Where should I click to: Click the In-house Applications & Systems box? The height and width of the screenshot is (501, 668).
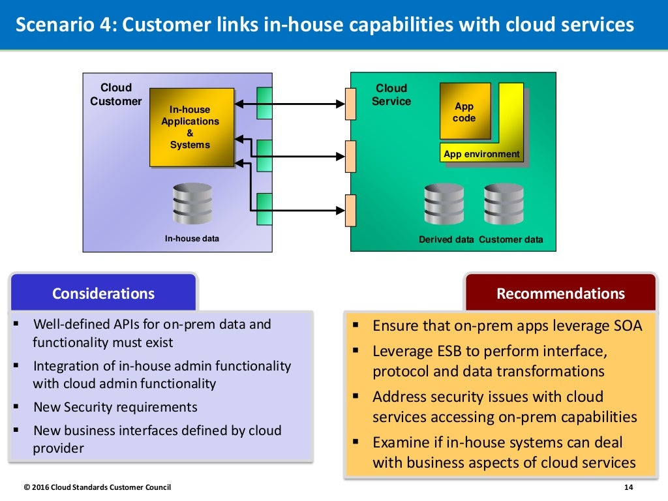click(191, 127)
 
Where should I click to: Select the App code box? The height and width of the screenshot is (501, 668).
click(464, 112)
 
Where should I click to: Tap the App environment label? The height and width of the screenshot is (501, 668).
click(481, 155)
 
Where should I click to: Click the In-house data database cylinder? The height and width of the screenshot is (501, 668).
click(192, 204)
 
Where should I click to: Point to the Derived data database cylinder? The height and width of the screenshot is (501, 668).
click(444, 204)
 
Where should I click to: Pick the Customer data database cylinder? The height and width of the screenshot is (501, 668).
click(504, 204)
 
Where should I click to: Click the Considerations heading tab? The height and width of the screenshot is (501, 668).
click(104, 293)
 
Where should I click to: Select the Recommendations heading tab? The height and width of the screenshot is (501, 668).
click(560, 293)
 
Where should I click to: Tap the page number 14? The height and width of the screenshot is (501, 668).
click(629, 487)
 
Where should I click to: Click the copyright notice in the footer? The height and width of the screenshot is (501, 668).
click(97, 487)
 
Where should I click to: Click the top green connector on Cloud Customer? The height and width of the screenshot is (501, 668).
click(264, 103)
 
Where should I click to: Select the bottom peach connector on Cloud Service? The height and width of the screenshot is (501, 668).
click(351, 210)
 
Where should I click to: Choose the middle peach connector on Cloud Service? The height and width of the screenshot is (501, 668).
click(351, 157)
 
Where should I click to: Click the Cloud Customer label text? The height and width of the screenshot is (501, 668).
click(116, 95)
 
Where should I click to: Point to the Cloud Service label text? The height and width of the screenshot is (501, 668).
click(391, 95)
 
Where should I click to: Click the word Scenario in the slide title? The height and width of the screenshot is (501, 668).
click(48, 25)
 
